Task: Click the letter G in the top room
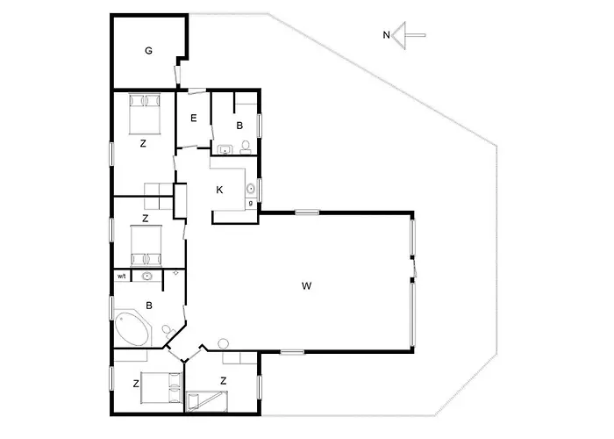pos(149,51)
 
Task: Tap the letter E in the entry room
pos(193,119)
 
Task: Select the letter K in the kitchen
pos(219,190)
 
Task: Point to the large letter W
pos(306,285)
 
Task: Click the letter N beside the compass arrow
pos(387,35)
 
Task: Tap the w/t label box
pos(122,277)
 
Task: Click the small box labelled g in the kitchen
pos(251,204)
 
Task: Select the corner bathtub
pos(132,328)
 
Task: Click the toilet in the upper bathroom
pos(246,147)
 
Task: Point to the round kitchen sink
pos(250,187)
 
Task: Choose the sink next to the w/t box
pos(147,277)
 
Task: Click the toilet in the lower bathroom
pos(168,329)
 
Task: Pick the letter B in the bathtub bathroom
pos(150,306)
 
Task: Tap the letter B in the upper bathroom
pos(239,125)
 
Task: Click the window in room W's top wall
pos(307,212)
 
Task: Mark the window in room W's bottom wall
pos(292,352)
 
